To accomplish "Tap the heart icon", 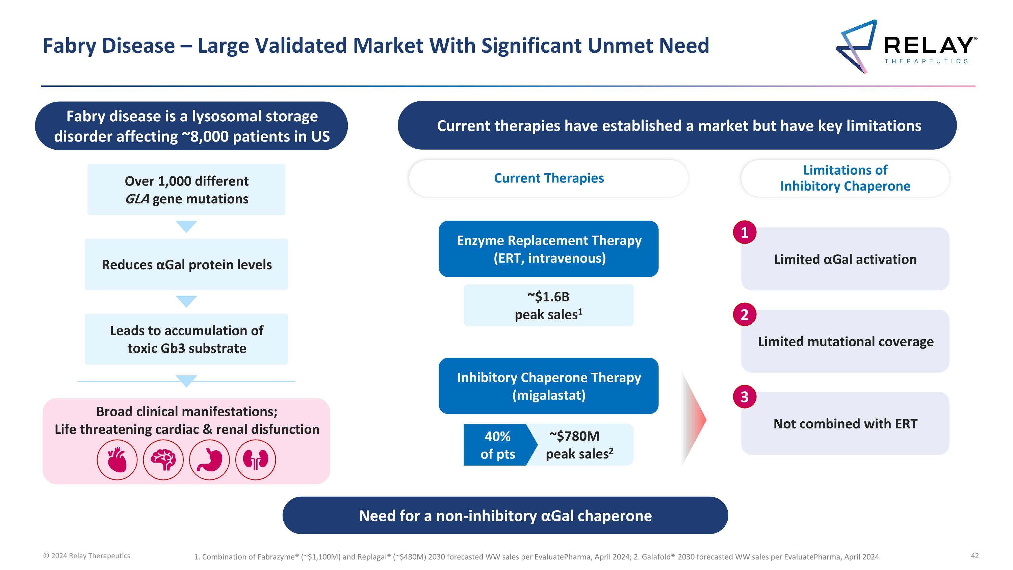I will (117, 460).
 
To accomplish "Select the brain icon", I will (163, 460).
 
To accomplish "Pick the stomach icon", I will (209, 460).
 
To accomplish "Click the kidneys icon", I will (256, 460).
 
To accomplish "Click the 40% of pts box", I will (497, 445).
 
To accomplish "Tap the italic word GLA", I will (137, 199).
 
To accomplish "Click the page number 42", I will (975, 555).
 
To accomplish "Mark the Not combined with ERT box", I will (845, 424).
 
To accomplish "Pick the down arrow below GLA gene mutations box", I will (186, 226).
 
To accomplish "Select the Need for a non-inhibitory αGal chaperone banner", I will (505, 515).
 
